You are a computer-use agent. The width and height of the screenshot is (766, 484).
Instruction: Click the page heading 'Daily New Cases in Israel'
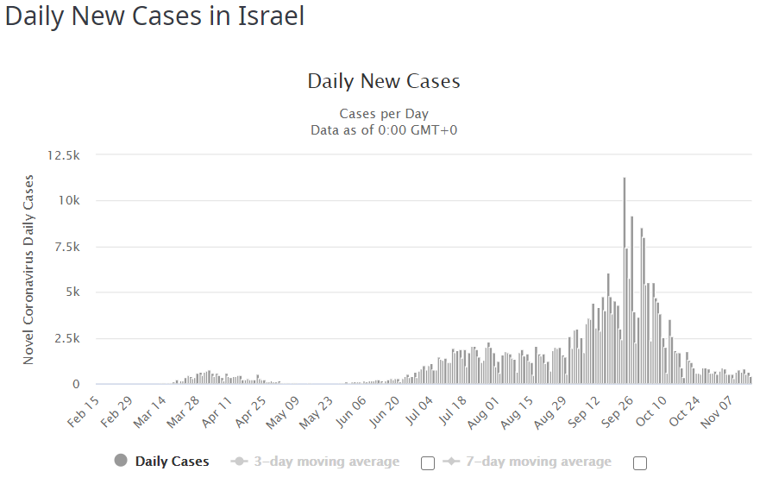pos(155,16)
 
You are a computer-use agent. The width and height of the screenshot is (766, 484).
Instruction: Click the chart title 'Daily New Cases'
pos(384,82)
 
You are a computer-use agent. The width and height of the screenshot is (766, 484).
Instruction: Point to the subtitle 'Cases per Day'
pos(384,114)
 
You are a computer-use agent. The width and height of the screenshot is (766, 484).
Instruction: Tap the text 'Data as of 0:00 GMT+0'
pos(384,130)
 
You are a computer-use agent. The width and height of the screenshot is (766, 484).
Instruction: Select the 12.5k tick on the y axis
pos(64,155)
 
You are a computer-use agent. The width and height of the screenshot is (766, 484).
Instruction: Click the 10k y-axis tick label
pos(68,201)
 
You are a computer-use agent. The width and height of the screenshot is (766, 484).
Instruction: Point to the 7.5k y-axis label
pos(66,247)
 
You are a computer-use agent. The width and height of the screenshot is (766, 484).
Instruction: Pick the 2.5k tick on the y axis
pos(66,338)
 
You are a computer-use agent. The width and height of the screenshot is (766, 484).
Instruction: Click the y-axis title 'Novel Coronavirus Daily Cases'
pos(28,269)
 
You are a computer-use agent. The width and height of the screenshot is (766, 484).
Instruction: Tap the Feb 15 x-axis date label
pos(84,412)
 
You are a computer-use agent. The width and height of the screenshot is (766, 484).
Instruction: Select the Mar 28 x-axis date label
pos(185,412)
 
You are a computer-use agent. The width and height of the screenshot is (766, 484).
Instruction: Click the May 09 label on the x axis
pos(286,412)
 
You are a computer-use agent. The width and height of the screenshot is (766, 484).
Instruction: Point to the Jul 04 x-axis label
pos(422,412)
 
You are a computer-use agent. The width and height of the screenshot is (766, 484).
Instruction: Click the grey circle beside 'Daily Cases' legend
pos(121,461)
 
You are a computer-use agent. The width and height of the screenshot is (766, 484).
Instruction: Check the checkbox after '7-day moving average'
pos(640,463)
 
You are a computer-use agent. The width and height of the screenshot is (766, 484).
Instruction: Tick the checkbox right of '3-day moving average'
pos(428,463)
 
